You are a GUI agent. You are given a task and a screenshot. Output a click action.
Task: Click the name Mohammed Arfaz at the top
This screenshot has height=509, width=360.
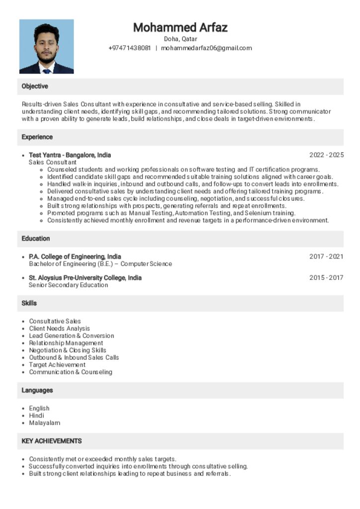(180, 27)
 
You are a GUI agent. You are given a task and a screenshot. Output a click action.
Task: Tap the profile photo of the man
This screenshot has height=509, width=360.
(46, 47)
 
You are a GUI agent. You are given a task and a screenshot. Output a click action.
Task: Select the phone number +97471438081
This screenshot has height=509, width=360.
(129, 48)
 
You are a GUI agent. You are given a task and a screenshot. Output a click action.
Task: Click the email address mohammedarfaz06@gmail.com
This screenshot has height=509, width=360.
(206, 48)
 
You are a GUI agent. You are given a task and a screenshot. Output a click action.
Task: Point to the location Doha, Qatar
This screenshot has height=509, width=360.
(180, 39)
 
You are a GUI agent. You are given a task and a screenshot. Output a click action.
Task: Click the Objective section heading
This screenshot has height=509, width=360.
(35, 86)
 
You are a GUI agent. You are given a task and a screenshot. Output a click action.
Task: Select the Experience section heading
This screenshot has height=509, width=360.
(37, 137)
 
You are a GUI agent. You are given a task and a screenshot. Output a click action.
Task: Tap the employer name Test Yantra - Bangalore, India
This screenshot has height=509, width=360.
(70, 155)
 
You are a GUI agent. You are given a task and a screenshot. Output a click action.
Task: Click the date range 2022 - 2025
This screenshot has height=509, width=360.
(326, 155)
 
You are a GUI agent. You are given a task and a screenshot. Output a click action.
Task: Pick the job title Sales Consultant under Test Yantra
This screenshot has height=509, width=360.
(52, 163)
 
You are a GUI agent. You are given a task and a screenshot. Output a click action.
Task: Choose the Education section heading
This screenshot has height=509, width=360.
(36, 239)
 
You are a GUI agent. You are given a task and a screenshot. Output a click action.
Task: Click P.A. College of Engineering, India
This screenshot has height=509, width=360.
(75, 257)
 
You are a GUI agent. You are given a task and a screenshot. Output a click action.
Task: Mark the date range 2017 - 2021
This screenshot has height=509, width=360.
(326, 257)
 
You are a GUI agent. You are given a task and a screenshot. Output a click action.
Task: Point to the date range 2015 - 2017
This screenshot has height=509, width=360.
(326, 278)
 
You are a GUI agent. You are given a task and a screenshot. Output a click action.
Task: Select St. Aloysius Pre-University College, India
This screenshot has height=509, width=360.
(85, 278)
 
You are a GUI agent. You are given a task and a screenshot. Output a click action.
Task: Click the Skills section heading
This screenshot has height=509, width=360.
(29, 303)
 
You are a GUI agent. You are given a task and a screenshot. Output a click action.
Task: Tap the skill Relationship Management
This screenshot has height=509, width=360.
(66, 343)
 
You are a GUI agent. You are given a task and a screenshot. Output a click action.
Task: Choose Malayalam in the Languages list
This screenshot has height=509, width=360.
(44, 423)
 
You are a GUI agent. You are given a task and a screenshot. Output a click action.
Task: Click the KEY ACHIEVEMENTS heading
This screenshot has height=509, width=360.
(51, 441)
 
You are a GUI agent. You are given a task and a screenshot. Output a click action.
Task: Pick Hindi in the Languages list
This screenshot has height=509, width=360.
(36, 416)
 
